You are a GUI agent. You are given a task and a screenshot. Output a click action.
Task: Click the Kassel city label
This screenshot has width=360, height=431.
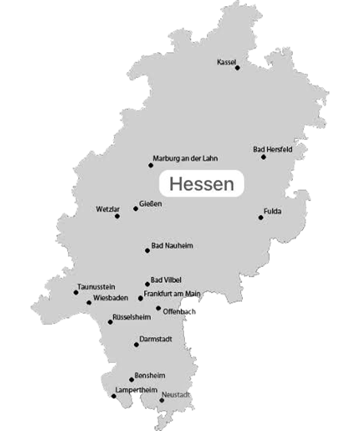[226, 62]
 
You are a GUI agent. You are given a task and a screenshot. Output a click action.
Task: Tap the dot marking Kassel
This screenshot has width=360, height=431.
[237, 68]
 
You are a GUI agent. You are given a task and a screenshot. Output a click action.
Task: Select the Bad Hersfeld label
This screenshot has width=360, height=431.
[272, 149]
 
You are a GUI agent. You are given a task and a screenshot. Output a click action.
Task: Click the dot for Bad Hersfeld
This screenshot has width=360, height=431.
[263, 157]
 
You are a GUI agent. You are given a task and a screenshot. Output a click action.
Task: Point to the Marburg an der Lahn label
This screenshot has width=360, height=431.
[185, 159]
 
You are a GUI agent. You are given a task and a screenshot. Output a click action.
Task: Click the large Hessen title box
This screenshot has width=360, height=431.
[201, 184]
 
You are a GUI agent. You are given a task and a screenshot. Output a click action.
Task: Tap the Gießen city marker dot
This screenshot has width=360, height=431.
[136, 209]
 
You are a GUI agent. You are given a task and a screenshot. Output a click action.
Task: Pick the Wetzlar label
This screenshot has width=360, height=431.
[108, 209]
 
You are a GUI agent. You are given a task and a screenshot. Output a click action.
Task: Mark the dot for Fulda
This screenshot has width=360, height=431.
[261, 218]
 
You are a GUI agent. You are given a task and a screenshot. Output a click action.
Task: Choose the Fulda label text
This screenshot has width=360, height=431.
[272, 211]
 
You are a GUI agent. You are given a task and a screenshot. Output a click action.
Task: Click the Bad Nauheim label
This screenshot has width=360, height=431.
[172, 246]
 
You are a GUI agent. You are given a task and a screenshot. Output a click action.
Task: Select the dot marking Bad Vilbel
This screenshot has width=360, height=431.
[147, 284]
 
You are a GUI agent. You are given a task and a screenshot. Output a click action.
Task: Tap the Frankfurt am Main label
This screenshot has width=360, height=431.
[172, 294]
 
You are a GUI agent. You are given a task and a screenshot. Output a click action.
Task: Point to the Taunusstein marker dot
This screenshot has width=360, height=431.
[76, 292]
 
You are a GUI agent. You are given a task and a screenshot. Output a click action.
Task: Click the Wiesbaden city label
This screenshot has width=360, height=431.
[110, 298]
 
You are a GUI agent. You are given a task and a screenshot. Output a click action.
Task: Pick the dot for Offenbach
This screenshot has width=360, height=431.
[159, 308]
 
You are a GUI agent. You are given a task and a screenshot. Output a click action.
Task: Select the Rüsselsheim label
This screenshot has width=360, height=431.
[131, 317]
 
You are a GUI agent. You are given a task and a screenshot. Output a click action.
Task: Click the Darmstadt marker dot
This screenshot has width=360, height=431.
[136, 345]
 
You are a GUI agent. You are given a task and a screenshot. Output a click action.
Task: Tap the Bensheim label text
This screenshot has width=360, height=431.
[150, 375]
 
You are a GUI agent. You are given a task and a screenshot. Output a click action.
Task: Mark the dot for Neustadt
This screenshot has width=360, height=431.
[162, 400]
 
